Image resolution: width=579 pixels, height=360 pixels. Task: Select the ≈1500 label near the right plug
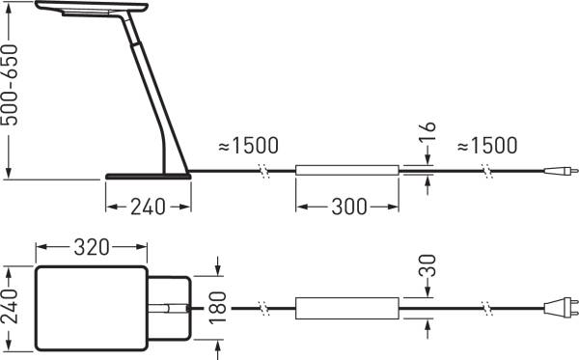pyautogui.click(x=486, y=146)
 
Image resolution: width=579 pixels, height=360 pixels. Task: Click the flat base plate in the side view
pyautogui.click(x=148, y=176)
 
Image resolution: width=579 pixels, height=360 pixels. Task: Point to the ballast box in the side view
pyautogui.click(x=346, y=172)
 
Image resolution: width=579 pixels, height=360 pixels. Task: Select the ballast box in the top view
pyautogui.click(x=346, y=309)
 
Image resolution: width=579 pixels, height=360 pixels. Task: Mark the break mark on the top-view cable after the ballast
pyautogui.click(x=489, y=309)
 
